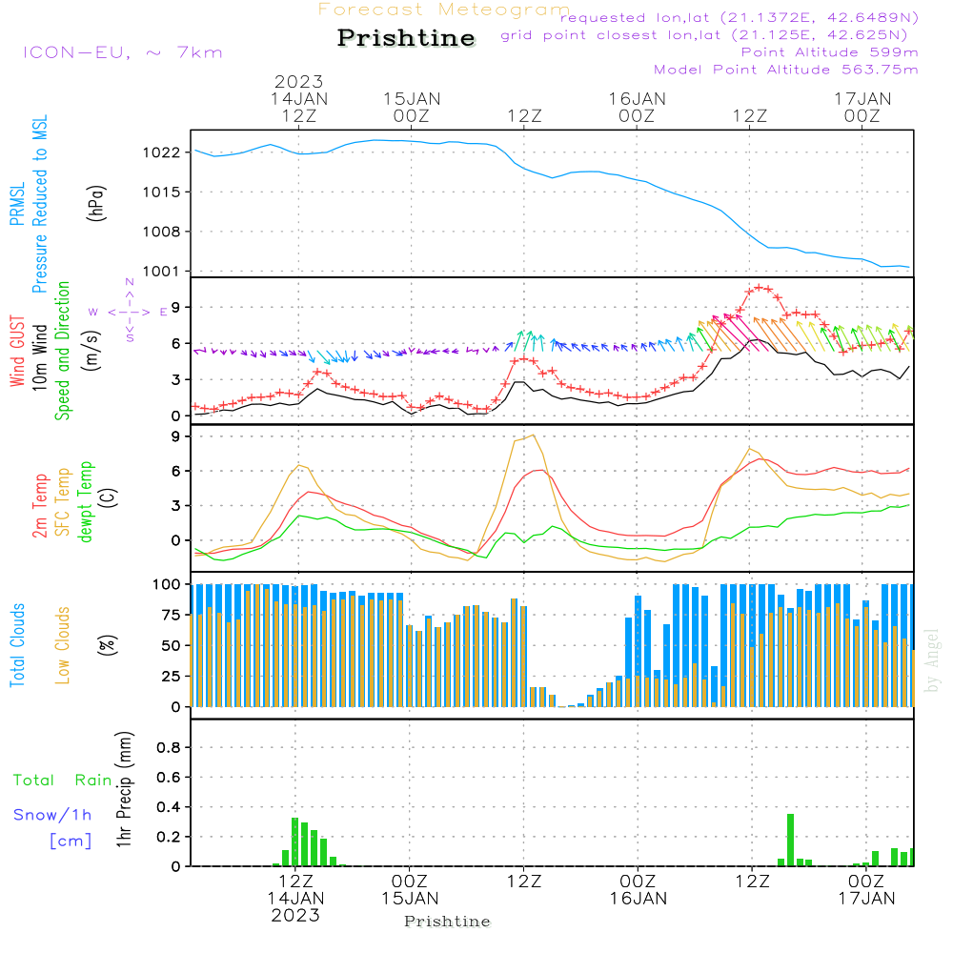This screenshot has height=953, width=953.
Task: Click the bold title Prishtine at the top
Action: [x=406, y=38]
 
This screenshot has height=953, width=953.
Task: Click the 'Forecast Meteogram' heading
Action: [x=444, y=10]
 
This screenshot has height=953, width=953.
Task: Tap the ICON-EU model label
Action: [x=122, y=51]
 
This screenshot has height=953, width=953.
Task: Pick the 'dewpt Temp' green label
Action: [x=86, y=501]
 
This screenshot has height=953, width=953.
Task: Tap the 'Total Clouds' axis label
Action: [x=17, y=644]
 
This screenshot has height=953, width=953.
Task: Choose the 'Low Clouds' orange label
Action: [x=63, y=644]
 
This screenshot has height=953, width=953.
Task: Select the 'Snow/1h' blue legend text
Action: [x=52, y=815]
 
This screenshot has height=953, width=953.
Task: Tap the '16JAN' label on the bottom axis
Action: [x=637, y=899]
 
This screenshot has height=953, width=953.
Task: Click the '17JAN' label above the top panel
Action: [x=862, y=98]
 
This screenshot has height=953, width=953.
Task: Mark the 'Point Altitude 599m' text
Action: [x=829, y=52]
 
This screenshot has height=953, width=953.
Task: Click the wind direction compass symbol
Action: [x=130, y=312]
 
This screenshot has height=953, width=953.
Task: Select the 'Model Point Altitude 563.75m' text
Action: [x=786, y=70]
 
